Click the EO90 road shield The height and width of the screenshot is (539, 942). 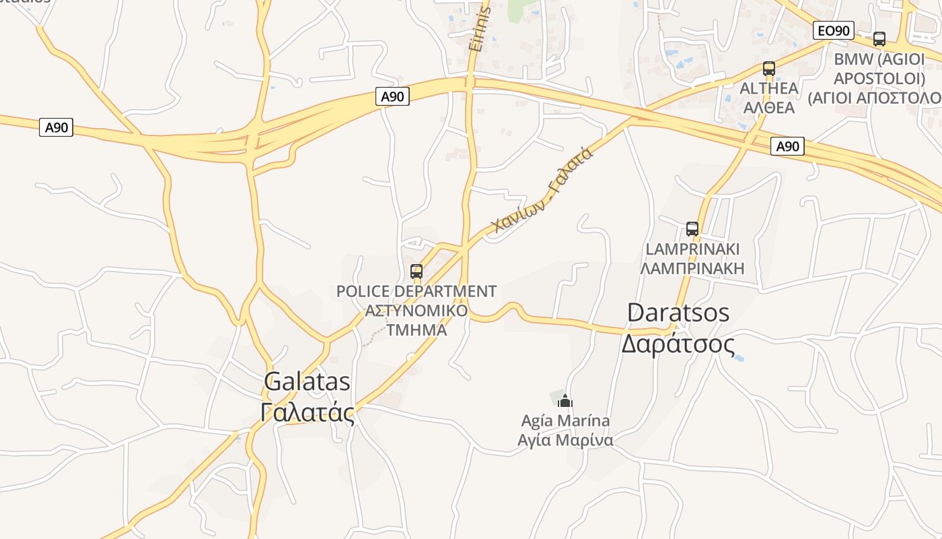(834, 30)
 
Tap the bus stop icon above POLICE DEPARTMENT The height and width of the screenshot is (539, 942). (416, 272)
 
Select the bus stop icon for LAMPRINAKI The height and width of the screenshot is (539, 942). (692, 229)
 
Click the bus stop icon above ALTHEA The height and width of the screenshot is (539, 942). (769, 69)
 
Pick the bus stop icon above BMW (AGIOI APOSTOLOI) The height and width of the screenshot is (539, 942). (879, 39)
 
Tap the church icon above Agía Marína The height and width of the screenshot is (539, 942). (565, 402)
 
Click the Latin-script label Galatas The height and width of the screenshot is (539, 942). (307, 382)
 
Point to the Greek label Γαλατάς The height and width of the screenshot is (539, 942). (307, 412)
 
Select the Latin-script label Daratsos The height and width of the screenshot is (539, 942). (678, 313)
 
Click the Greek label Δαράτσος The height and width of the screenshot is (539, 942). (678, 344)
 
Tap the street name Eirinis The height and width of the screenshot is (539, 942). (478, 30)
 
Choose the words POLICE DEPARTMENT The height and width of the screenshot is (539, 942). (416, 292)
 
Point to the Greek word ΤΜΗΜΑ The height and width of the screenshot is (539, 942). (416, 330)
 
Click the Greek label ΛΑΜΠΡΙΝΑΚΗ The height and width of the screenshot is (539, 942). (692, 269)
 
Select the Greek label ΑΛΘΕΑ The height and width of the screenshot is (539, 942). (769, 108)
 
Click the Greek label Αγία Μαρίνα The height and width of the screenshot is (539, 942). (565, 441)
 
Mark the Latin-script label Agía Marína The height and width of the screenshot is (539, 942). (565, 421)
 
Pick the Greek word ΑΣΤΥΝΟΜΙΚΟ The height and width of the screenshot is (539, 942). (416, 311)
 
